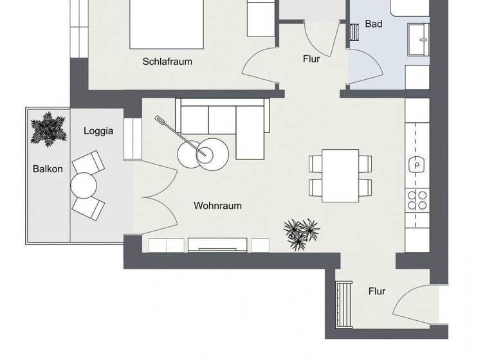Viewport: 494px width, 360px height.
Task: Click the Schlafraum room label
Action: (167, 62)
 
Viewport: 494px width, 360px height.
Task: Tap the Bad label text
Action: (374, 24)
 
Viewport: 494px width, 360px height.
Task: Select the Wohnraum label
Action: (217, 206)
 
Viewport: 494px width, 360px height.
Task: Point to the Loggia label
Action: (98, 131)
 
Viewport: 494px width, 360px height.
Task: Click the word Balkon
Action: (48, 170)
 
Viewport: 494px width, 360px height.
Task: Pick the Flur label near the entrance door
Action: (377, 291)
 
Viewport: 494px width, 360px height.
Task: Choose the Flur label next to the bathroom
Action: (311, 59)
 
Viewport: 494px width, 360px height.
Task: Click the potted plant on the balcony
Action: (48, 128)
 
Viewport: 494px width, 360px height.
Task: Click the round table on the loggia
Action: (83, 186)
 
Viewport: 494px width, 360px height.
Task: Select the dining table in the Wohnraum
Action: (340, 174)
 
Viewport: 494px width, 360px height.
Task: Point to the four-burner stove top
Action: (416, 199)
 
